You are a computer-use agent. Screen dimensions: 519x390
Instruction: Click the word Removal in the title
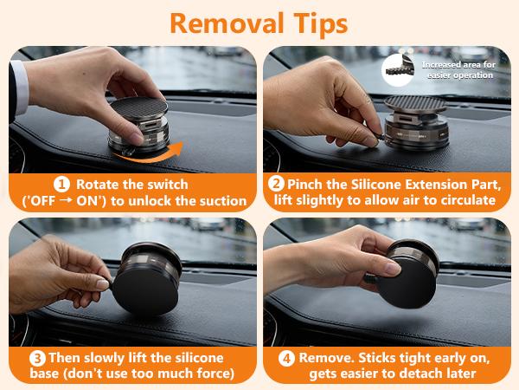tap(227, 23)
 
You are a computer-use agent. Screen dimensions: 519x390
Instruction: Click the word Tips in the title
tap(321, 24)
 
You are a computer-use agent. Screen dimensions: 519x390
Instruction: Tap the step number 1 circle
tap(61, 185)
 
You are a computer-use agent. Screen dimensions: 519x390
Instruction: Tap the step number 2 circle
tap(276, 184)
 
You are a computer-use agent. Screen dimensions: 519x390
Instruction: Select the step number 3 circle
tap(37, 359)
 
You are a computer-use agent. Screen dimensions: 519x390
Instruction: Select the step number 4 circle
tap(286, 359)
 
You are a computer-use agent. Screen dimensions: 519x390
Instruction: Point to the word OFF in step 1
tap(42, 201)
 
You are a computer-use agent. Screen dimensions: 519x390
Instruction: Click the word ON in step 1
tap(88, 201)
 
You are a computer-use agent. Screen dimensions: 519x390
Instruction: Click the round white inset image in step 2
tap(398, 70)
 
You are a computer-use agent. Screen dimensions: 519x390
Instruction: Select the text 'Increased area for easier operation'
tap(458, 70)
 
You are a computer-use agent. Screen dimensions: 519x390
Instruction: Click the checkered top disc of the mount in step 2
tap(415, 103)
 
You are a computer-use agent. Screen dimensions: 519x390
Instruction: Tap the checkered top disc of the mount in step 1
tap(138, 107)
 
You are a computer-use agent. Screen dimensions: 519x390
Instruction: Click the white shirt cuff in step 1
tap(20, 88)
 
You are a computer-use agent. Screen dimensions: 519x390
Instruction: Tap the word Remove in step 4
tap(327, 358)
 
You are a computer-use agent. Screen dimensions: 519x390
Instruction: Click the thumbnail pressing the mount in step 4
tap(393, 268)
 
